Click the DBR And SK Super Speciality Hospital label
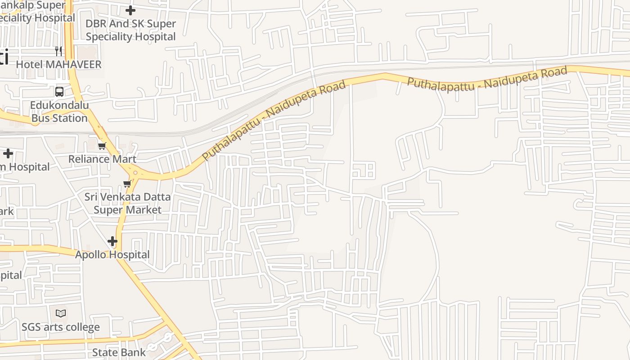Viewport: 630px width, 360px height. point(130,30)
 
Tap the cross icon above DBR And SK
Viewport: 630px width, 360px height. point(130,10)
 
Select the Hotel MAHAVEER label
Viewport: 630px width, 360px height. point(58,64)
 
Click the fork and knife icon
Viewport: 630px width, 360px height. point(58,50)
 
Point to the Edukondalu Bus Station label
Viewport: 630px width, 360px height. point(59,112)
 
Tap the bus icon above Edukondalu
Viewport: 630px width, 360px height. point(59,92)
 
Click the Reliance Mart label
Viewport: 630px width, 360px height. point(102,159)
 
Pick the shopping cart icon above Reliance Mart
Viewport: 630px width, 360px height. point(102,146)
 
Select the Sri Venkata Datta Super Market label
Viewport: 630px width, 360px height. point(128,203)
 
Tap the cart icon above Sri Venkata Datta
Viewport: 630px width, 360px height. point(127,184)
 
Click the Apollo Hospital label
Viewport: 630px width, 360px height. point(112,255)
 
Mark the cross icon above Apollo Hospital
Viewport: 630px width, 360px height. point(112,242)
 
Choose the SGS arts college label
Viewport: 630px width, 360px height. point(61,327)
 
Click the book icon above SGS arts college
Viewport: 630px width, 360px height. point(61,313)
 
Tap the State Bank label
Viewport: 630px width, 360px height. point(119,352)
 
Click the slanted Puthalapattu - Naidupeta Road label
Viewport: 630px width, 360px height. point(274,120)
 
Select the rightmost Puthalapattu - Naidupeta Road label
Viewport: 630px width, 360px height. point(487,78)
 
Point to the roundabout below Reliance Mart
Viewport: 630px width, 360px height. point(135,172)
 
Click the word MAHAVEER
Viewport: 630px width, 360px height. point(73,64)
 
